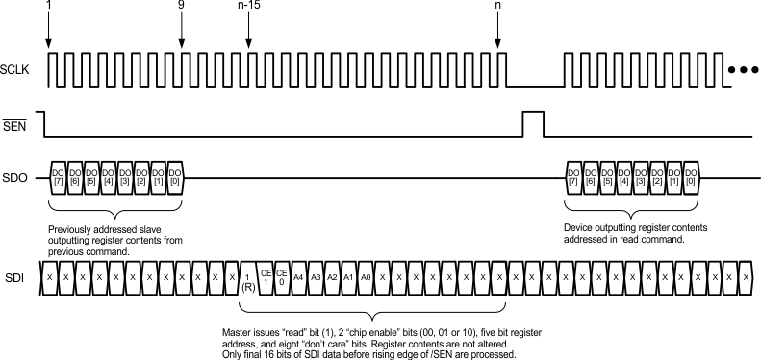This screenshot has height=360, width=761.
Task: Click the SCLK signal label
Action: click(x=15, y=70)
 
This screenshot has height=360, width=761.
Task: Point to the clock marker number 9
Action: click(x=181, y=6)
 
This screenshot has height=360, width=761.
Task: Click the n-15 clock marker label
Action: click(x=248, y=6)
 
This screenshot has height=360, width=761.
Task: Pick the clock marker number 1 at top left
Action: click(x=48, y=6)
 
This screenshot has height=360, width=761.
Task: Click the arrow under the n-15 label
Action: click(x=248, y=34)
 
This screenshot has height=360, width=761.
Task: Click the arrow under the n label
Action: click(x=497, y=34)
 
